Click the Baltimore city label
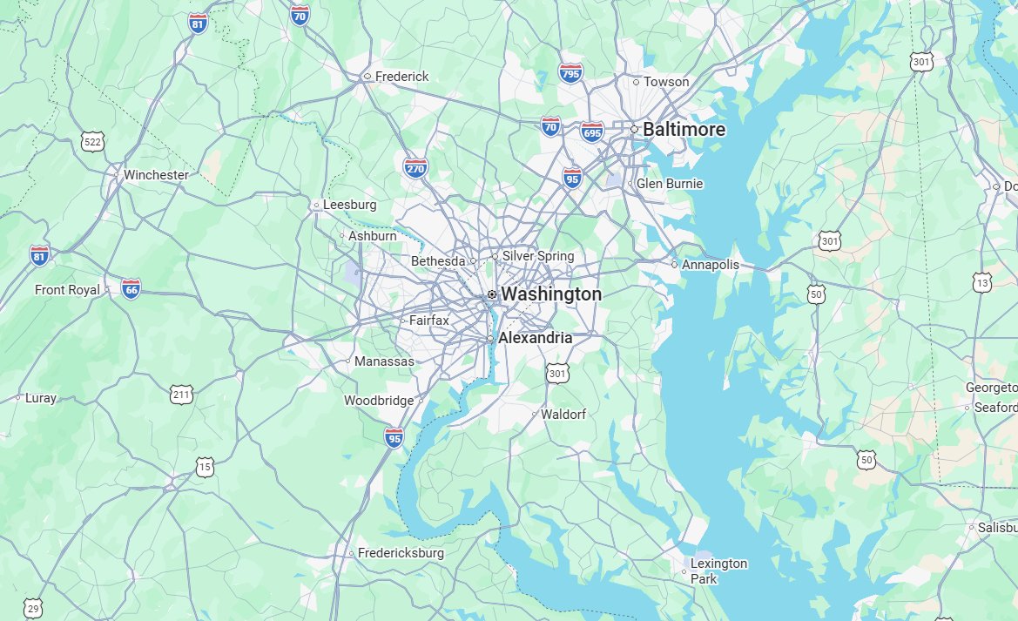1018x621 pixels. tap(684, 130)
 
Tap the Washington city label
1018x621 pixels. tap(550, 294)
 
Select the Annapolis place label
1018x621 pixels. tap(710, 265)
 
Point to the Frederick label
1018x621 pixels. tap(401, 77)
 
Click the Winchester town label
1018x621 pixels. tap(156, 175)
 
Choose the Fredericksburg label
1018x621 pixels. tap(401, 553)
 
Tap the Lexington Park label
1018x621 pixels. tap(718, 570)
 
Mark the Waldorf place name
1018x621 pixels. tap(563, 415)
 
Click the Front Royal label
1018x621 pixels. tap(67, 289)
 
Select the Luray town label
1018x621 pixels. tap(41, 398)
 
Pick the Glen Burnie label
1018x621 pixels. tap(669, 184)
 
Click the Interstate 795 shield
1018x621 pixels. tap(571, 72)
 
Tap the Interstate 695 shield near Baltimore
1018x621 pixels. tap(592, 132)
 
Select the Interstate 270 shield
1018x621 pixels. tap(415, 167)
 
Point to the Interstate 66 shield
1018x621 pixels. tap(131, 289)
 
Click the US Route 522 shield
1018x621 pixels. tap(91, 141)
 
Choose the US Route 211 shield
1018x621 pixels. tap(181, 396)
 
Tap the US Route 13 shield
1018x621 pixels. tap(982, 282)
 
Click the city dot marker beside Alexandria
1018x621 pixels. tap(490, 338)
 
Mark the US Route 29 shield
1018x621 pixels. tap(33, 607)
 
